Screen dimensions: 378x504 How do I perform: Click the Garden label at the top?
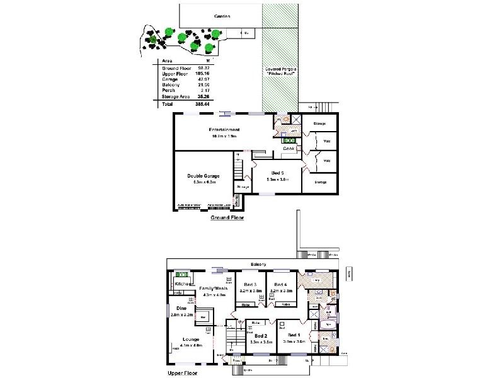point(222,16)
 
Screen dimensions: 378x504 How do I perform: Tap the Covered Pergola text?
point(280,72)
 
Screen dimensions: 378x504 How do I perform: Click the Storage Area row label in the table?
point(175,96)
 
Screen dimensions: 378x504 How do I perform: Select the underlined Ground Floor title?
point(226,218)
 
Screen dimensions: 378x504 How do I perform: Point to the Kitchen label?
point(181,284)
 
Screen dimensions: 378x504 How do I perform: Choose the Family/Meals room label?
point(212,288)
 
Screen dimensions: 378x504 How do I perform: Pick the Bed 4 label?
point(281,285)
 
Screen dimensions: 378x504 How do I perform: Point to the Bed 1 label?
point(294,336)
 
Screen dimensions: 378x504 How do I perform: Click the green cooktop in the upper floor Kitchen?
point(183,275)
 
